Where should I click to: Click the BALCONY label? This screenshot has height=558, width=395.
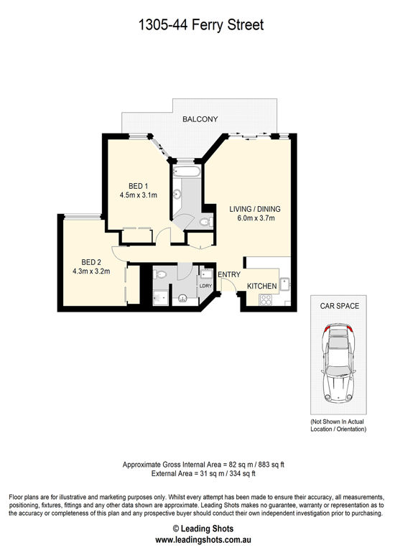coord(200,119)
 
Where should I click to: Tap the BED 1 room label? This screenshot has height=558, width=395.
coord(139,186)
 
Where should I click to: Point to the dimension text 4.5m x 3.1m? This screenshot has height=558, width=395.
coord(139,195)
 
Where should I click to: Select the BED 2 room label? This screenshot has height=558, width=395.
coord(91,262)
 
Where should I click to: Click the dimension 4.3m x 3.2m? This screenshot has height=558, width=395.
coord(91,271)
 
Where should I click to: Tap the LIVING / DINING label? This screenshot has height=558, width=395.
coord(255,209)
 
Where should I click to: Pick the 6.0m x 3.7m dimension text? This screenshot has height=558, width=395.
coord(256,218)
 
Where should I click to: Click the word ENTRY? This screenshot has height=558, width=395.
coord(229,274)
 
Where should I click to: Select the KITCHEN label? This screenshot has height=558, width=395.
coord(262,286)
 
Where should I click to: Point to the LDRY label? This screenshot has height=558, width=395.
coord(205,285)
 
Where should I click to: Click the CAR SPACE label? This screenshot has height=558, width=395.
coord(340,306)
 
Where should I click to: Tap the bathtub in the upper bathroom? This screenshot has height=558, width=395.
coord(187,172)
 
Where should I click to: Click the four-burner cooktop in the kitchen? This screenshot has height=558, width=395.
coord(266,299)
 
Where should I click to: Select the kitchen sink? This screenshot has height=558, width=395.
coord(285,284)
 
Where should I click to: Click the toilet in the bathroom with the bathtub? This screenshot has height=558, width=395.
coord(205,223)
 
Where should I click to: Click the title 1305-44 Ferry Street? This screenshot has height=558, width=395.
coord(200,25)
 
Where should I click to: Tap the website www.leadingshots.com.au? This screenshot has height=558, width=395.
coord(203,539)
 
